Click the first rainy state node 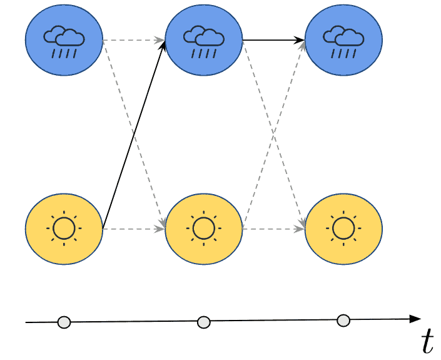(x=63, y=39)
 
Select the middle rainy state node (x=203, y=39)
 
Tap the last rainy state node (x=343, y=39)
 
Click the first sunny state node (x=63, y=229)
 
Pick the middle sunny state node (x=203, y=229)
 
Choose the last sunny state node (x=343, y=229)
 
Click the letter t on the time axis (x=427, y=341)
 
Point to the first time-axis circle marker (x=64, y=322)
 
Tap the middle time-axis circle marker (x=203, y=322)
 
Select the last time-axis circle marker (x=343, y=321)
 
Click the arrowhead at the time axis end (x=415, y=319)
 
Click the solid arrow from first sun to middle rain (x=133, y=135)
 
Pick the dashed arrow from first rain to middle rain (x=133, y=40)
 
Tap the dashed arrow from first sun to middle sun (x=133, y=229)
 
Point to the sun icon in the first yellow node (x=63, y=229)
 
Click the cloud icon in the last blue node (x=343, y=39)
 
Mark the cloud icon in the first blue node (x=63, y=39)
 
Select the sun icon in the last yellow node (x=343, y=229)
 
